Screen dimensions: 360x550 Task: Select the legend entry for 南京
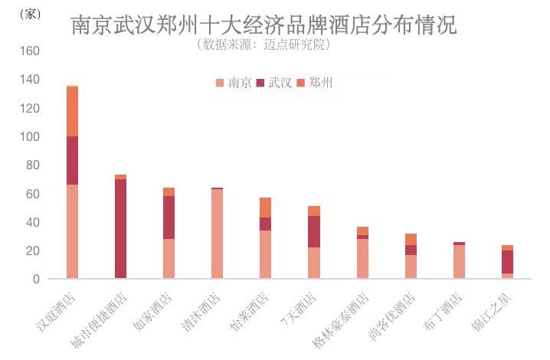tap(234, 83)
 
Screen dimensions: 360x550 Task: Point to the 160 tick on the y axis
tap(29, 51)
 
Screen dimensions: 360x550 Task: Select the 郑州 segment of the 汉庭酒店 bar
tap(72, 112)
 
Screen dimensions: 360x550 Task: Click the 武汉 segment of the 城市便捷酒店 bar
tap(120, 229)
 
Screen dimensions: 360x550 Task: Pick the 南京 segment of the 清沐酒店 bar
tap(217, 234)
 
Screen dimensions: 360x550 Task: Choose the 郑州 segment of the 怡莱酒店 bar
tap(265, 208)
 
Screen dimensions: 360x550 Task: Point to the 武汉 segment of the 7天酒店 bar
tap(313, 232)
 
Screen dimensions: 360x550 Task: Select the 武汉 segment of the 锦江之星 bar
tap(507, 262)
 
